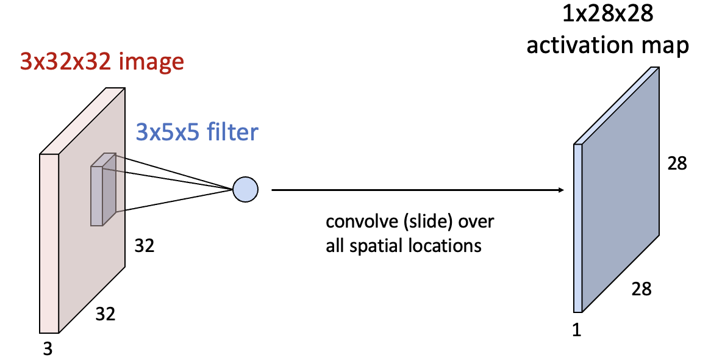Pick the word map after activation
coord(667,46)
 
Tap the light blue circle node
coord(245,189)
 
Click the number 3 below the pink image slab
coord(48,348)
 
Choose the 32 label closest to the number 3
coord(105,315)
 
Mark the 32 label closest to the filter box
coord(144,246)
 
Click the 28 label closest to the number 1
coord(641,289)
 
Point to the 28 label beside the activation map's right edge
coord(677,164)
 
